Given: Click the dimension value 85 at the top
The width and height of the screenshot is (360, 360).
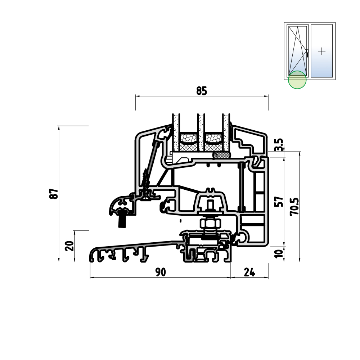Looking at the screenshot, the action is tap(202, 91).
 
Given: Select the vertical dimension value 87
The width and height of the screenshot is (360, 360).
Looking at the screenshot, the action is tap(54, 194).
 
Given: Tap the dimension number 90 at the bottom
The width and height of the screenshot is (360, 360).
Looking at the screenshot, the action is tap(161, 272).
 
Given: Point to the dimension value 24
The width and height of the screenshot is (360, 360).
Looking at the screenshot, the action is tap(249, 272).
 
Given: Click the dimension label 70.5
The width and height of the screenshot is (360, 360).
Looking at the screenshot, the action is tap(294, 206).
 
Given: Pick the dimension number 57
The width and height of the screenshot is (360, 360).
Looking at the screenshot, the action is tap(279, 202).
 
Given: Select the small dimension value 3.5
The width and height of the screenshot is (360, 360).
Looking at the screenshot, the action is tap(279, 145).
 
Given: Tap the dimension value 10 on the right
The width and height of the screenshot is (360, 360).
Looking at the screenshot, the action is tap(279, 254).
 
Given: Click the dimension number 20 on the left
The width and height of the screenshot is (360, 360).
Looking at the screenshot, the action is tap(69, 246).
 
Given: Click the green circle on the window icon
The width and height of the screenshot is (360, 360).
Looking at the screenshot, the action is tap(297, 80).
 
